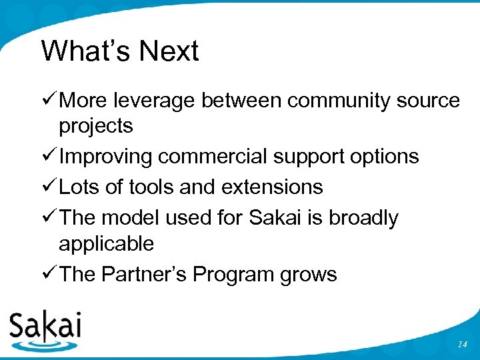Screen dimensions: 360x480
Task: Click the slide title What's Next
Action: click(120, 51)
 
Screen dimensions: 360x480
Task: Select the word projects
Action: click(96, 126)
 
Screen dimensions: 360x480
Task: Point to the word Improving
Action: click(107, 157)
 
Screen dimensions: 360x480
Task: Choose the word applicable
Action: click(106, 243)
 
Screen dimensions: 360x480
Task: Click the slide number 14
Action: click(463, 344)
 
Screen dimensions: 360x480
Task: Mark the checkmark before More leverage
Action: click(48, 101)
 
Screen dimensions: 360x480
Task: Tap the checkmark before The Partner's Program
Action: click(48, 274)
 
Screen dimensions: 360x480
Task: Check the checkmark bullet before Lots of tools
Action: click(48, 187)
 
